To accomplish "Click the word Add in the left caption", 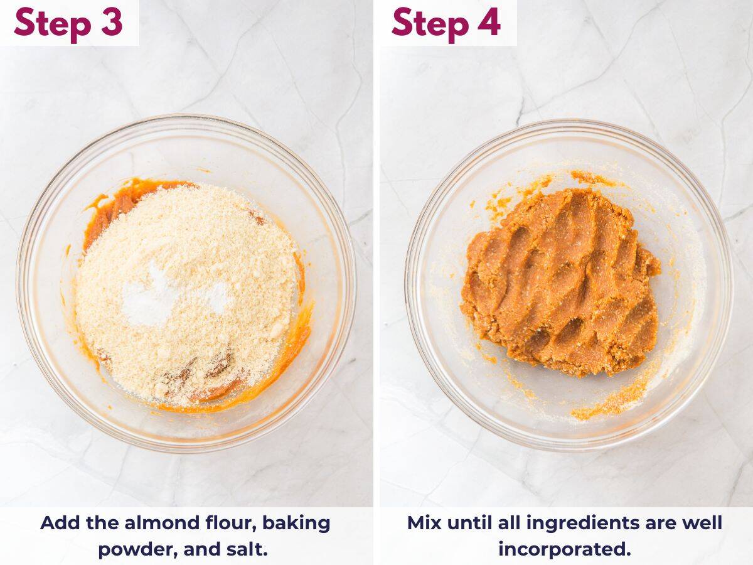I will point(60,523).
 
